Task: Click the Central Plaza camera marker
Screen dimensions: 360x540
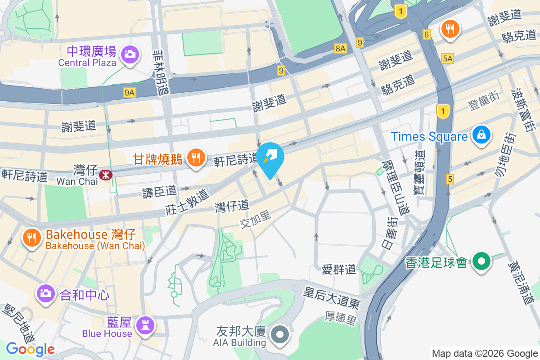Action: [x=130, y=54]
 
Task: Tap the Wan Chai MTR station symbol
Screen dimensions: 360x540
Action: [x=107, y=175]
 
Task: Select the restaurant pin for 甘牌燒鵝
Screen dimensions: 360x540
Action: [x=195, y=158]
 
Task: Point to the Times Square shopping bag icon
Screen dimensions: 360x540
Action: [x=481, y=134]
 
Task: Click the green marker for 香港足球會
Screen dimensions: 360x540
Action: [x=481, y=261]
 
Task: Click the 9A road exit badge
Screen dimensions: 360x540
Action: [x=130, y=93]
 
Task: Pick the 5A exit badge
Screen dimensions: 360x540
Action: [x=447, y=58]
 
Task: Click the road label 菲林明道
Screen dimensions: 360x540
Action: [x=161, y=72]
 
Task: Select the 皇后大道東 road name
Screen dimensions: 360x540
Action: [x=332, y=297]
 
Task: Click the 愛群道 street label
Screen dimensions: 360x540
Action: [x=339, y=270]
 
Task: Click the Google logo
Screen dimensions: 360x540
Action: [x=30, y=349]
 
